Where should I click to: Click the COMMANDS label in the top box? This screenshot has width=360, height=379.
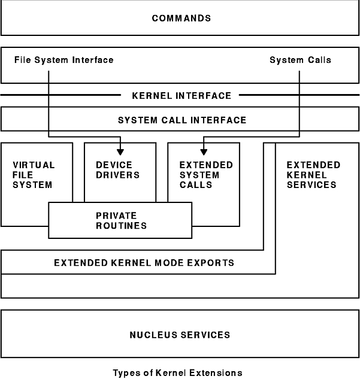pos(181,19)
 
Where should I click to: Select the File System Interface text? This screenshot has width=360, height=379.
pos(63,60)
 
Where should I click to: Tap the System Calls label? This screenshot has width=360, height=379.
pos(300,60)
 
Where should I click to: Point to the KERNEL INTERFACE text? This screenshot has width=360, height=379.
pos(180,96)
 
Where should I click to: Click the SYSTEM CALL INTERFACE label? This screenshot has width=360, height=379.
pos(181,120)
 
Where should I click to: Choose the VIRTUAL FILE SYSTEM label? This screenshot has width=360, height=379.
pos(33,175)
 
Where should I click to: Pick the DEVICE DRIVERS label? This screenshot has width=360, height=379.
pos(117,170)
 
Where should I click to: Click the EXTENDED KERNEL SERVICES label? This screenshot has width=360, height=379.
pos(313,175)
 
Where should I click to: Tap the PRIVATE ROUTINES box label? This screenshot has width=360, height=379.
pos(120,220)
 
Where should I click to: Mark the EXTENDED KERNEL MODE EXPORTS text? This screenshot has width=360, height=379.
pos(144,263)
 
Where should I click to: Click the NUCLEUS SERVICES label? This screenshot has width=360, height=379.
pos(180,335)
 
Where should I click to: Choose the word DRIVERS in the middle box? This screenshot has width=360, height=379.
pos(117,175)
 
